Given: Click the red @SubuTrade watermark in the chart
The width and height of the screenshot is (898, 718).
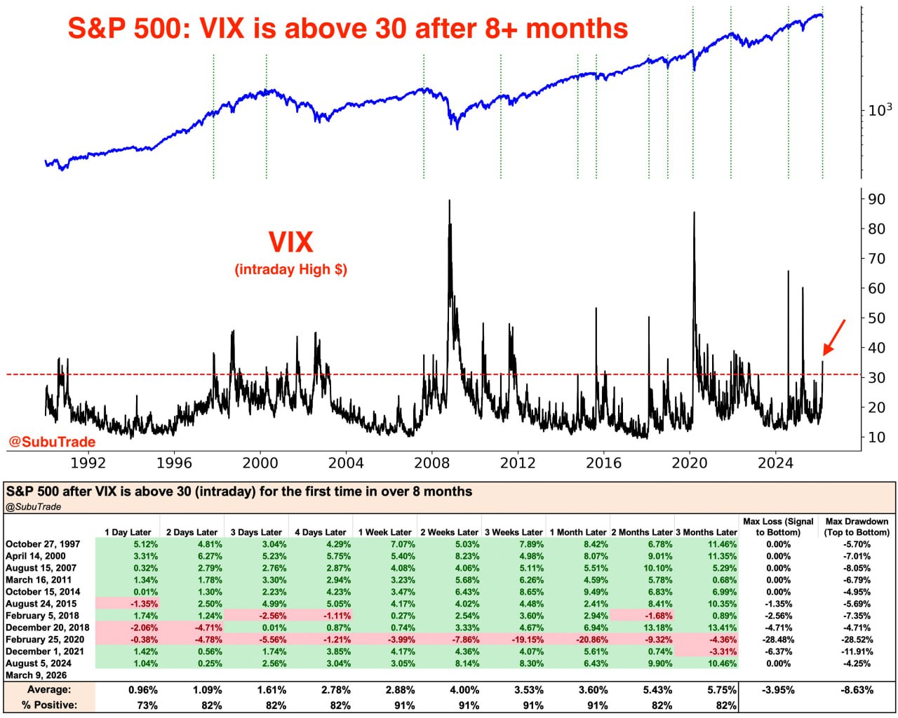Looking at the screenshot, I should pos(51,442).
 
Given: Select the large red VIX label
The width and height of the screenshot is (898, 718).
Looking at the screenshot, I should pos(290,243).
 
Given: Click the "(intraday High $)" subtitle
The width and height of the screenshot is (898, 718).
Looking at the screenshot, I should pos(290,269).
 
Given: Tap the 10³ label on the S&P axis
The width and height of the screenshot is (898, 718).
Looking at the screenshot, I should pos(880,109).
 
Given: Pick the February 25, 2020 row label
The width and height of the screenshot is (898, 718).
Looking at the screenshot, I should pos(45,639).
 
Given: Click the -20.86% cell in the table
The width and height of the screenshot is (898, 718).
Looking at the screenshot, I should pos(588,639).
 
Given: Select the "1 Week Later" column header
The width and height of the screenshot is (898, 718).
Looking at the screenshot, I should pos(385,532).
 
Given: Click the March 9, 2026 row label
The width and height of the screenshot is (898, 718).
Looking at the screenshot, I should pos(36,675).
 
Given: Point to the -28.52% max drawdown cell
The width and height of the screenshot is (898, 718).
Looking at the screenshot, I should pos(857,639).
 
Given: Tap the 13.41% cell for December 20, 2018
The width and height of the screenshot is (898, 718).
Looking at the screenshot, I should pos(722,628).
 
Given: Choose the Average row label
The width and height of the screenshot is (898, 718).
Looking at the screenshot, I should pos(50,690).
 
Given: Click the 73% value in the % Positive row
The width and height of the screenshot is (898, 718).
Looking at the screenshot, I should pos(147,705).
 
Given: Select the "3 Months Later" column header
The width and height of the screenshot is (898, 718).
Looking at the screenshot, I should pos(706,532).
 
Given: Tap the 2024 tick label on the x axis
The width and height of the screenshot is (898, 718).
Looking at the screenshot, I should pos(775,463).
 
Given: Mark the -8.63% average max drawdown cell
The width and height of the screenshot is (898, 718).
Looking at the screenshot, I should pos(857,690).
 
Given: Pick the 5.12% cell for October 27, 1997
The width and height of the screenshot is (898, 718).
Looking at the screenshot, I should pos(145,544).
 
